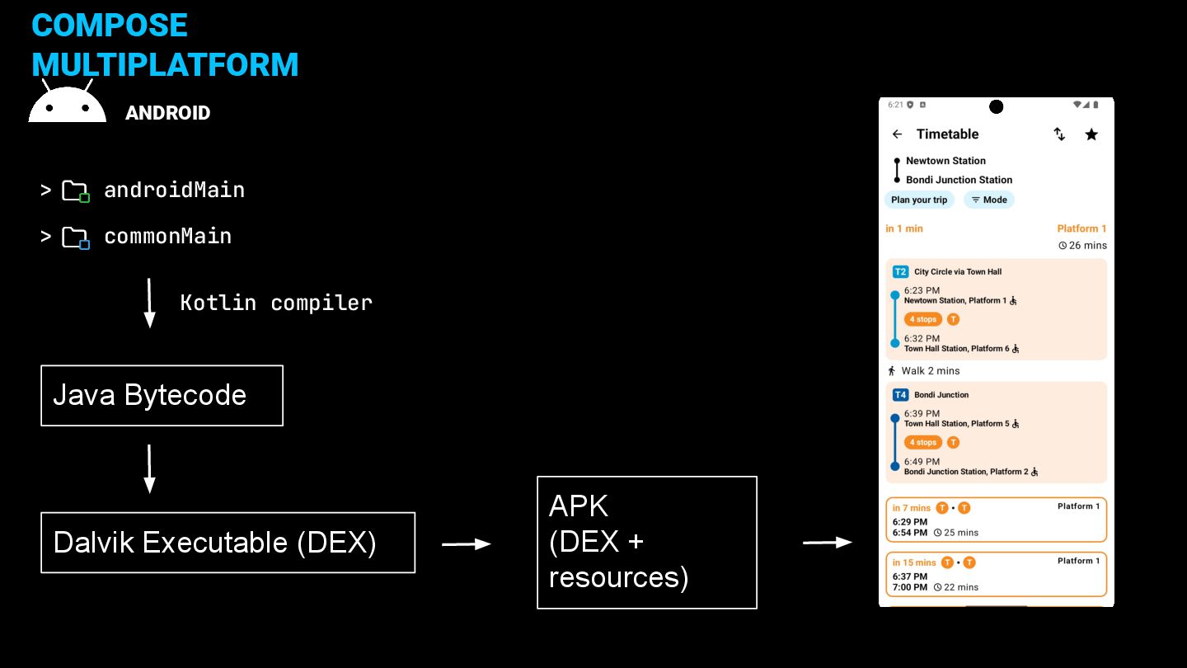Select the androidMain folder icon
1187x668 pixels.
76,191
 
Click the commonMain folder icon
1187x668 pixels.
76,238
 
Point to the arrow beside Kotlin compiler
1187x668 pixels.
149,303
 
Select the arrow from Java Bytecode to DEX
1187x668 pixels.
149,469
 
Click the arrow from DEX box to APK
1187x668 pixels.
467,544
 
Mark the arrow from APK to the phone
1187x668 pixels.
828,543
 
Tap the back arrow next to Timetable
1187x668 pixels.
897,134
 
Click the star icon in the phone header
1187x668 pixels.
1091,134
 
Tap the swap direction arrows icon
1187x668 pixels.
1058,134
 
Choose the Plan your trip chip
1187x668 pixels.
919,200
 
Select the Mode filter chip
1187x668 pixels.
989,200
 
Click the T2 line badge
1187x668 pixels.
900,272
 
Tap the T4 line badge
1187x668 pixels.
900,395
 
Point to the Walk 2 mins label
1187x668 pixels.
930,370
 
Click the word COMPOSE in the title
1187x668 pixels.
110,25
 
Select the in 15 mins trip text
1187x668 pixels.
914,562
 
